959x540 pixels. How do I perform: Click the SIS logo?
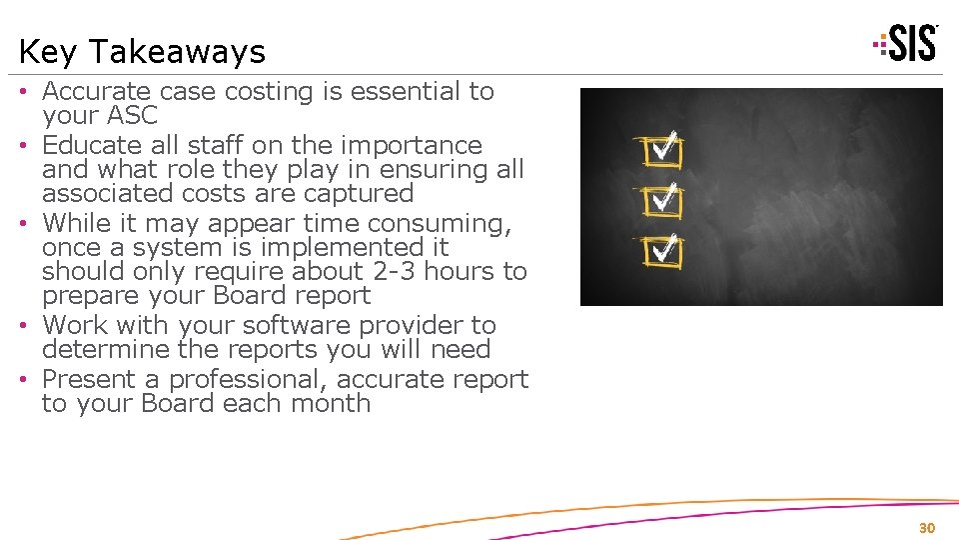[906, 44]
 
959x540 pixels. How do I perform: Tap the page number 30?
[926, 527]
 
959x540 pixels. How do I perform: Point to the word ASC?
[129, 115]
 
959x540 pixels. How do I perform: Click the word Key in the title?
[40, 52]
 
